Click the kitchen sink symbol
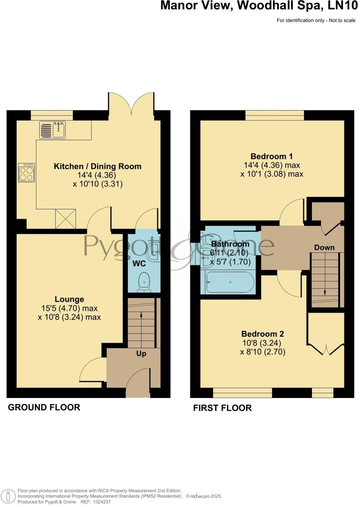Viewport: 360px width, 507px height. tap(52, 130)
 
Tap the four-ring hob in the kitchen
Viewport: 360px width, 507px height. tap(27, 173)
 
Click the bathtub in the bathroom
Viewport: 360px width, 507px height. tap(230, 282)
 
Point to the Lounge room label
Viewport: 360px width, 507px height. tap(69, 299)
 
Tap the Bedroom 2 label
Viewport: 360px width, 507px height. tap(262, 334)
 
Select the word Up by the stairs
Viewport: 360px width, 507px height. tap(141, 354)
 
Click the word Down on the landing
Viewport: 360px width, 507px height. tap(324, 248)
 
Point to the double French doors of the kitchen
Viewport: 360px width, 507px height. tap(131, 104)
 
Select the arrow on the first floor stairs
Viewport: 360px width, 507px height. tap(325, 292)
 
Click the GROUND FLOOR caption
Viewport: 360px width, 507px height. tap(44, 407)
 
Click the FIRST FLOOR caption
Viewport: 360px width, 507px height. tap(222, 408)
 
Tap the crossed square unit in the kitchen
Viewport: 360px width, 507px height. tap(66, 219)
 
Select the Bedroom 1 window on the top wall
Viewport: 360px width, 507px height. tap(275, 115)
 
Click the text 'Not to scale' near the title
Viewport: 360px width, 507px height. tap(342, 21)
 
